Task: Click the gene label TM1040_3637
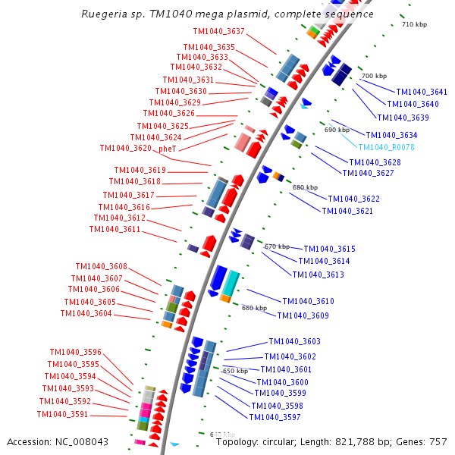coord(219,32)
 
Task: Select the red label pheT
coord(167,149)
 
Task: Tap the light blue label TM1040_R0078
coord(386,147)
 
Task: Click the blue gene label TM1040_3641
coord(422,92)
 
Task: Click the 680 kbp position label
coord(305,187)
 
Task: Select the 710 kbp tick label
coord(414,25)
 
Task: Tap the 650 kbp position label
coord(235,371)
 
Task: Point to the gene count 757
coord(438,441)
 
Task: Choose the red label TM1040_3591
coord(62,414)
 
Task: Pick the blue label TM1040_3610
coord(308,301)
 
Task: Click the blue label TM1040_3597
coord(275,416)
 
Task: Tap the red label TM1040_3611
coord(115,229)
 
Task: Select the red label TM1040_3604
coord(86,313)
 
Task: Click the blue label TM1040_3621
coord(347,211)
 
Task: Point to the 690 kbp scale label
coord(337,130)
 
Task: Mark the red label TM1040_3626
coord(168,114)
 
